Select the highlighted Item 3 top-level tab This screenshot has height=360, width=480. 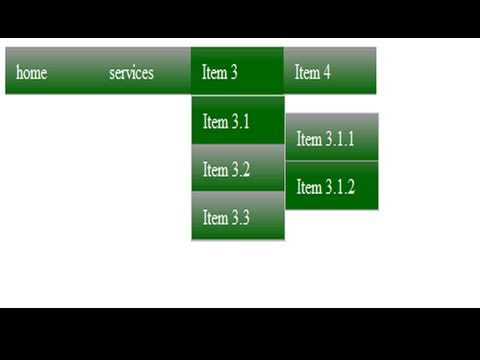237,71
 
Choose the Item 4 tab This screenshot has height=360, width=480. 330,71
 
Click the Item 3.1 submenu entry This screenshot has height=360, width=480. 238,120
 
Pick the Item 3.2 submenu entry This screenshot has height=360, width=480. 238,168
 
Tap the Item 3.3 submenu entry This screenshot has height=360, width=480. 238,216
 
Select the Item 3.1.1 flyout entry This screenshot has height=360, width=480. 332,137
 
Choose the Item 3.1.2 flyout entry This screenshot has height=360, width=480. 332,186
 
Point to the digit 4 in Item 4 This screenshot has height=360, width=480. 327,72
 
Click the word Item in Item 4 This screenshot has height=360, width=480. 307,72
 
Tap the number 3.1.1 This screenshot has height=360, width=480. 340,138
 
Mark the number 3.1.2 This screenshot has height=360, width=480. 340,186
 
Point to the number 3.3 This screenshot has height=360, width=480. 240,217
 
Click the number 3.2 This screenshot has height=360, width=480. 241,169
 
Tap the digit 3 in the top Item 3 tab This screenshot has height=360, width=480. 234,72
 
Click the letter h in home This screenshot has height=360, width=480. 19,72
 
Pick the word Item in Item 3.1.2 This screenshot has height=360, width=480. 309,187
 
